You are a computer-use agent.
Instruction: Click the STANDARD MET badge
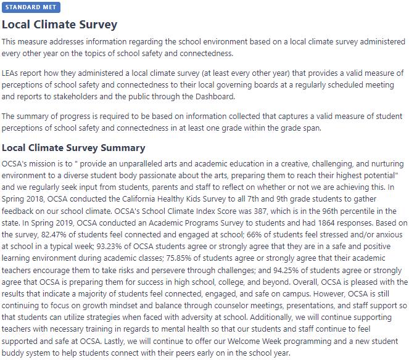[x=30, y=7]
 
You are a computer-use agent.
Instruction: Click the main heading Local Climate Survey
[x=59, y=25]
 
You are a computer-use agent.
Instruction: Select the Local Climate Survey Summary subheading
[x=73, y=148]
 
